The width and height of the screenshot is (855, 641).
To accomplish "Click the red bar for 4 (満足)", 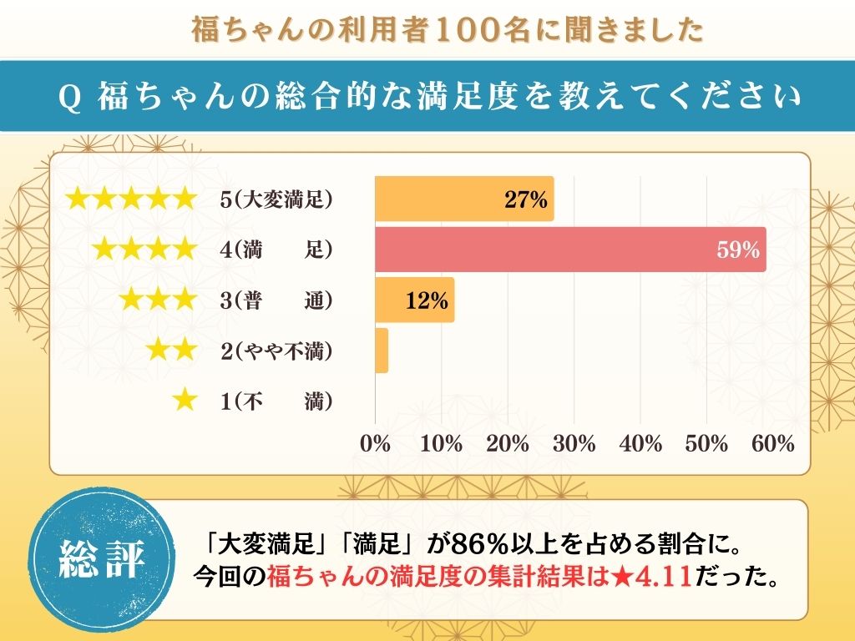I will (570, 249).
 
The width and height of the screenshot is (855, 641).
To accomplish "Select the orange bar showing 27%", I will (463, 199).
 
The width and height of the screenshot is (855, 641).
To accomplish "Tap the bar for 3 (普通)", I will (414, 300).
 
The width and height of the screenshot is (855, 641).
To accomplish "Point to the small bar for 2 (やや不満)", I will (382, 351).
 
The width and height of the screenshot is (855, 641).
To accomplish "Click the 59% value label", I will (738, 250).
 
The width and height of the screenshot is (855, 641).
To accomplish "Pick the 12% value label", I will (427, 300).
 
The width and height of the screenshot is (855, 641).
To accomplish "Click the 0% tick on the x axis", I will (375, 444).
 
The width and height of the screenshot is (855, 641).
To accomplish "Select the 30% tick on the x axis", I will (574, 444).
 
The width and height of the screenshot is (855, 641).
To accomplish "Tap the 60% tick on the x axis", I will (773, 444).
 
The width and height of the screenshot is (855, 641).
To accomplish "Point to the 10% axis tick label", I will (441, 444).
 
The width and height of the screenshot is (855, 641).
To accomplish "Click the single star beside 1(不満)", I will (184, 401).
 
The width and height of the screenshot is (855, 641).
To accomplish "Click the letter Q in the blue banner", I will (71, 98).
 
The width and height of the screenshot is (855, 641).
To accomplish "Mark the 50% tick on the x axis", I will (707, 444).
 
